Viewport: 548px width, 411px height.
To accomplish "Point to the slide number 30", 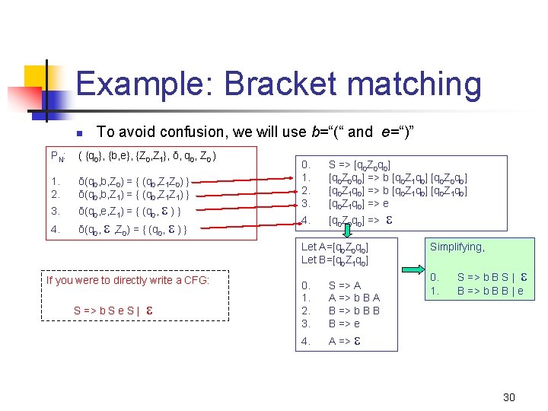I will pos(509,397).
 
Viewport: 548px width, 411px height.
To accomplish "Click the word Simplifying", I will pos(457,247).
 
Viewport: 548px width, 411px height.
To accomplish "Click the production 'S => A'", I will pos(345,285).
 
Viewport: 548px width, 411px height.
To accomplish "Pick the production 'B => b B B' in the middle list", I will pos(354,311).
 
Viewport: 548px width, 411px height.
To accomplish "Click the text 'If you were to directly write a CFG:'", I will pos(127,280).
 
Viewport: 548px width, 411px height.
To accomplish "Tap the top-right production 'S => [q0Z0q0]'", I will pos(360,164).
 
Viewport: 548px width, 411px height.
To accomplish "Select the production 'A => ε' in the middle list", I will pos(344,342).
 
